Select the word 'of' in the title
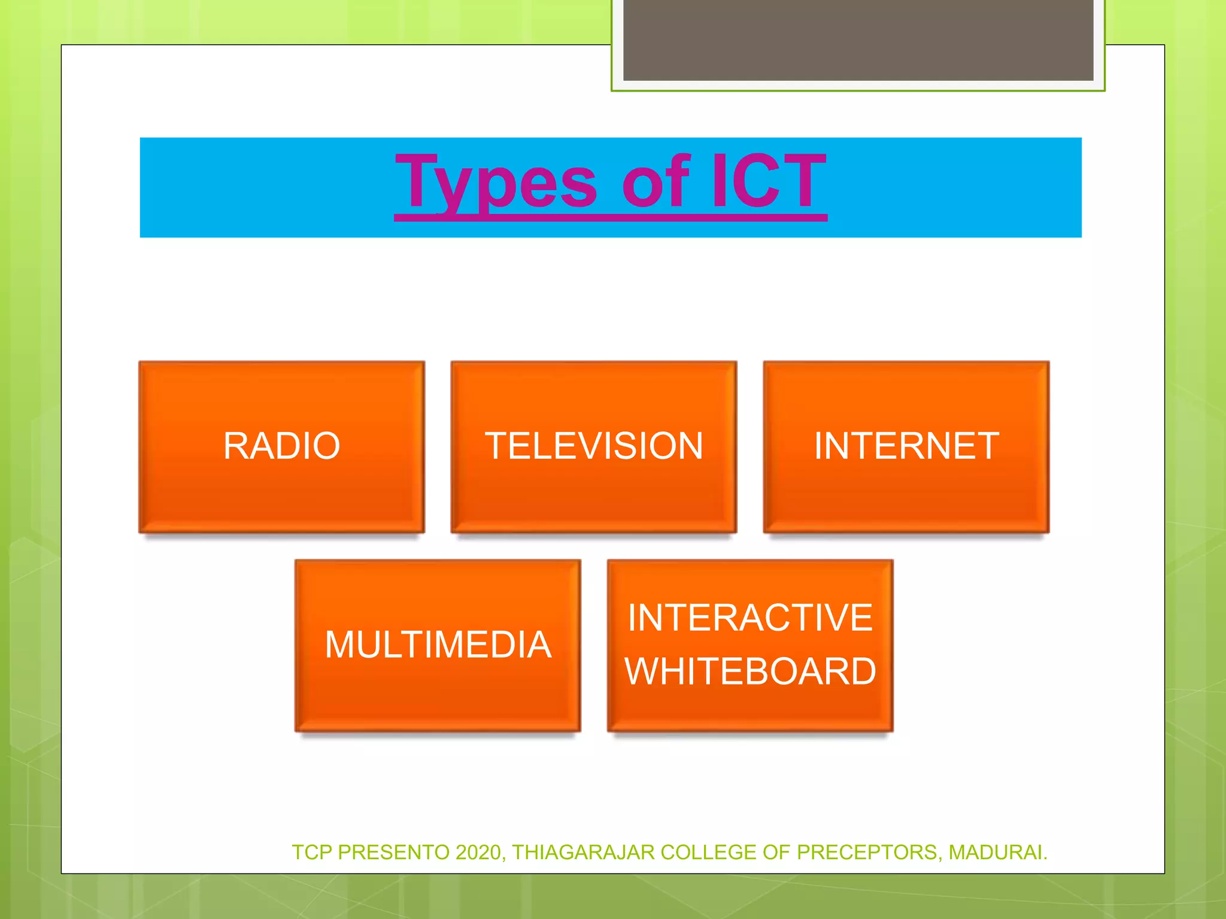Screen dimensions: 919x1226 click(x=657, y=181)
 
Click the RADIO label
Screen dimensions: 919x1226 click(x=281, y=446)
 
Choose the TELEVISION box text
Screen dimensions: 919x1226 click(x=594, y=446)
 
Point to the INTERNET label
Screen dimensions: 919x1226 click(x=906, y=446)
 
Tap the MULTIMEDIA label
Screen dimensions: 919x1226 click(x=438, y=645)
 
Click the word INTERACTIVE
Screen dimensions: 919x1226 click(x=750, y=618)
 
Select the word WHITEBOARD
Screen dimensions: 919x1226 click(x=750, y=671)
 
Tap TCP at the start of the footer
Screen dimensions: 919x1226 click(x=312, y=852)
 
